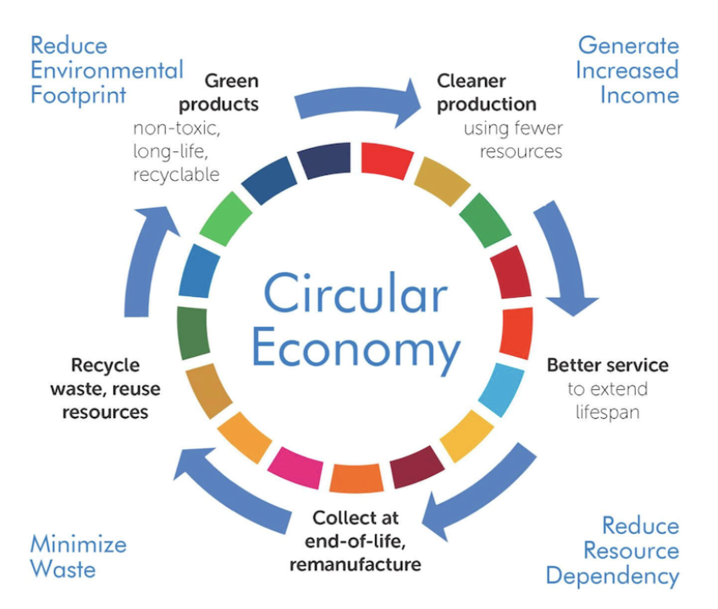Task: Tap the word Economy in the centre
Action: [x=356, y=348]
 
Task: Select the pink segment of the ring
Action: [x=296, y=469]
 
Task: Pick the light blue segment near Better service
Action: [x=500, y=388]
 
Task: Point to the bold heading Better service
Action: [x=607, y=365]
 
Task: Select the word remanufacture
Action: [x=355, y=562]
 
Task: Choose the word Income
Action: [x=639, y=94]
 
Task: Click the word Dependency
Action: [x=612, y=576]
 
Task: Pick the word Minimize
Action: [x=78, y=543]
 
